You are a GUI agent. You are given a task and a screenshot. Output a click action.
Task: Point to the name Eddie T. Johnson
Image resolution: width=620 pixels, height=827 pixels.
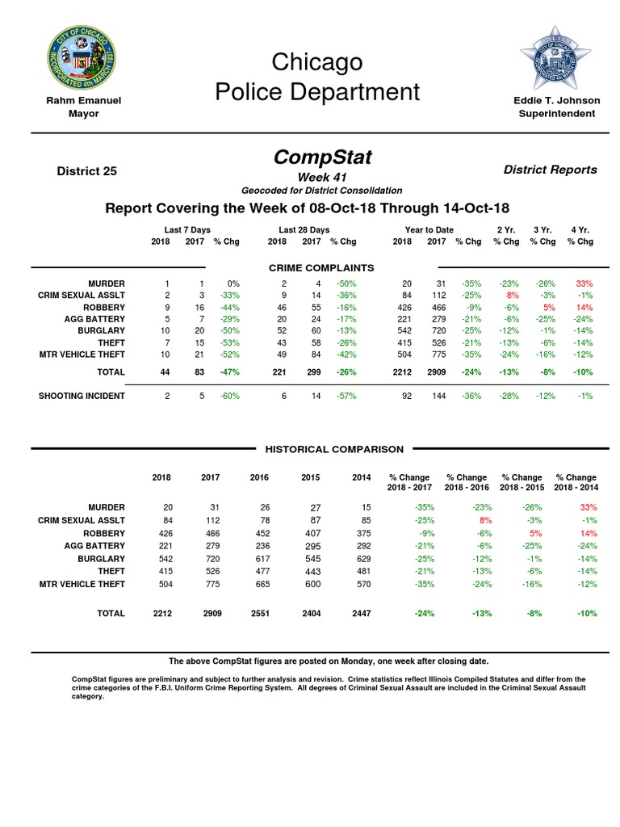point(557,101)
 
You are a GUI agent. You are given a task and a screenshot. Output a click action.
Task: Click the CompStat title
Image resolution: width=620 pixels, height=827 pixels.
point(322,157)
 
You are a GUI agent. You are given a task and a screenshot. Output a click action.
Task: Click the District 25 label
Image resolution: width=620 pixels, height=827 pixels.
point(86,170)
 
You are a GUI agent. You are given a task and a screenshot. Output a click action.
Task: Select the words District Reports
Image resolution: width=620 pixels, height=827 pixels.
point(551,170)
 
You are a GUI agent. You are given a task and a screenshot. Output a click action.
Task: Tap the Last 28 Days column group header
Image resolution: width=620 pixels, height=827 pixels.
point(304,230)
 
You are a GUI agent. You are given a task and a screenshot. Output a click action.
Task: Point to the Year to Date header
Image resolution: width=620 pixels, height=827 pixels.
point(429,230)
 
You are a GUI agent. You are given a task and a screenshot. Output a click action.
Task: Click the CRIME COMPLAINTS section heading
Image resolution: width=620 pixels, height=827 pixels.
point(320,267)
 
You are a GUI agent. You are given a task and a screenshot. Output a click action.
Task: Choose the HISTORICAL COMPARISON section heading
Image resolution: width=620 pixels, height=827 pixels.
point(336,449)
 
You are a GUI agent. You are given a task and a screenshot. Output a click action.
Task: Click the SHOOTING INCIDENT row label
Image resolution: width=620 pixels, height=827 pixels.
point(82,396)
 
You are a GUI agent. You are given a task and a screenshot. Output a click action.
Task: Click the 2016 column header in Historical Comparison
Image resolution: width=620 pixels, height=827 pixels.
point(259,477)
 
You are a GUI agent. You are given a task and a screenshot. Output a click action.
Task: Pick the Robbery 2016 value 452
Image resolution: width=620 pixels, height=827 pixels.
point(259,534)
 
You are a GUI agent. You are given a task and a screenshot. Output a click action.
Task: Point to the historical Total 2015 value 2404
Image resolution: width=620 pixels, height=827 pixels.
point(311,614)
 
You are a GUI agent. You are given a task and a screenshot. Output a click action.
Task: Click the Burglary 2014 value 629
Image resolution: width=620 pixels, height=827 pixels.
point(362,559)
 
